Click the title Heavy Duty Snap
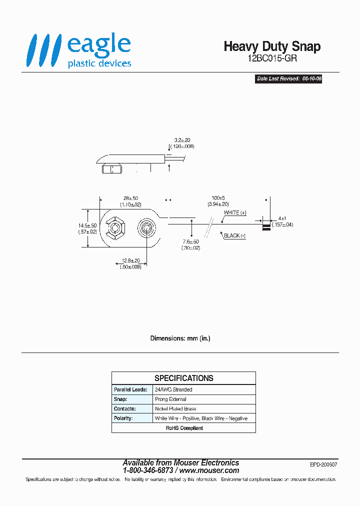click(272, 46)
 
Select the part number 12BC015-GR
click(272, 58)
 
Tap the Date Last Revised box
click(288, 79)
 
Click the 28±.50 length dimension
click(130, 201)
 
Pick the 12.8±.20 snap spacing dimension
click(130, 263)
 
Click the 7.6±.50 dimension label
click(191, 245)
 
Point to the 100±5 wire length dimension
click(218, 201)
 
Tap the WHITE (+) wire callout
click(235, 213)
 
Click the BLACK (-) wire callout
click(234, 235)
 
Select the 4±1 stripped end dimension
click(282, 221)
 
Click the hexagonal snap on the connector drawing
click(116, 229)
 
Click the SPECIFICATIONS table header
click(183, 378)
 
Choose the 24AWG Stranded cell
click(173, 389)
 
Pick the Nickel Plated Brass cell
click(175, 408)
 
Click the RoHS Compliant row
click(183, 428)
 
